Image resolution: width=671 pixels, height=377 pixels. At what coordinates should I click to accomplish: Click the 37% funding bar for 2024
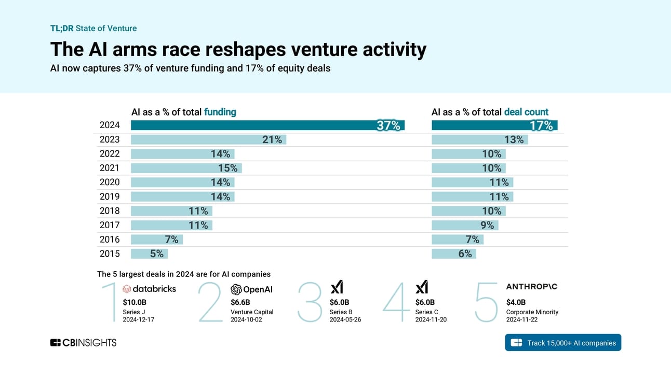pyautogui.click(x=267, y=125)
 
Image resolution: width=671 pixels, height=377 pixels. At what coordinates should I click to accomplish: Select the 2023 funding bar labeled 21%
pyautogui.click(x=208, y=139)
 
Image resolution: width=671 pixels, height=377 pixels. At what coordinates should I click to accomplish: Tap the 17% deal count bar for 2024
pyautogui.click(x=494, y=125)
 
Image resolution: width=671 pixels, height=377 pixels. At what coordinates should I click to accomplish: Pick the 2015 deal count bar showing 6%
pyautogui.click(x=453, y=254)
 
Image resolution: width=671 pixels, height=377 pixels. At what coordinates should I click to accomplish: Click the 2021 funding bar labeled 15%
pyautogui.click(x=186, y=168)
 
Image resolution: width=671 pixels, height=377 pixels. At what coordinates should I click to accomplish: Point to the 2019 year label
pyautogui.click(x=110, y=197)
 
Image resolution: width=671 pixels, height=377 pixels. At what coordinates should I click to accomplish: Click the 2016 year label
pyautogui.click(x=110, y=240)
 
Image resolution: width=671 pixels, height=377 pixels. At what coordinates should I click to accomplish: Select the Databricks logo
pyautogui.click(x=149, y=289)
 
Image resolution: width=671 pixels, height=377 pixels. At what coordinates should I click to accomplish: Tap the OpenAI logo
pyautogui.click(x=251, y=289)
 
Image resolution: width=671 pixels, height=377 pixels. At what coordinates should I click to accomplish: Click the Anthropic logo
pyautogui.click(x=531, y=286)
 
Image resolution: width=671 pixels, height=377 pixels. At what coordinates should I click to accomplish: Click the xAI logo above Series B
pyautogui.click(x=337, y=287)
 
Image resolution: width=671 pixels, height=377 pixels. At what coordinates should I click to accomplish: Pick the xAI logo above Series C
pyautogui.click(x=422, y=287)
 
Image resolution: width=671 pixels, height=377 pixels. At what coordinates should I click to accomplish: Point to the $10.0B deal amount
pyautogui.click(x=135, y=302)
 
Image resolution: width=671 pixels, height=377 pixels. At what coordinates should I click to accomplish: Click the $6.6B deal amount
pyautogui.click(x=240, y=302)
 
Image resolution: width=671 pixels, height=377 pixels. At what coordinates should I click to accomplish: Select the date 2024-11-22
pyautogui.click(x=522, y=319)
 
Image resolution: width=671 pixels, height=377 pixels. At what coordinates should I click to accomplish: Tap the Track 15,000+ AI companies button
pyautogui.click(x=562, y=343)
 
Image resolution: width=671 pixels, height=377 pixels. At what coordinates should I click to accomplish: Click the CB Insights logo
pyautogui.click(x=83, y=343)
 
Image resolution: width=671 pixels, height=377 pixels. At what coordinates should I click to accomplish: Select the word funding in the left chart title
pyautogui.click(x=220, y=112)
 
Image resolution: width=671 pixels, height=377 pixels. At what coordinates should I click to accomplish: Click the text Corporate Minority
pyautogui.click(x=532, y=312)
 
